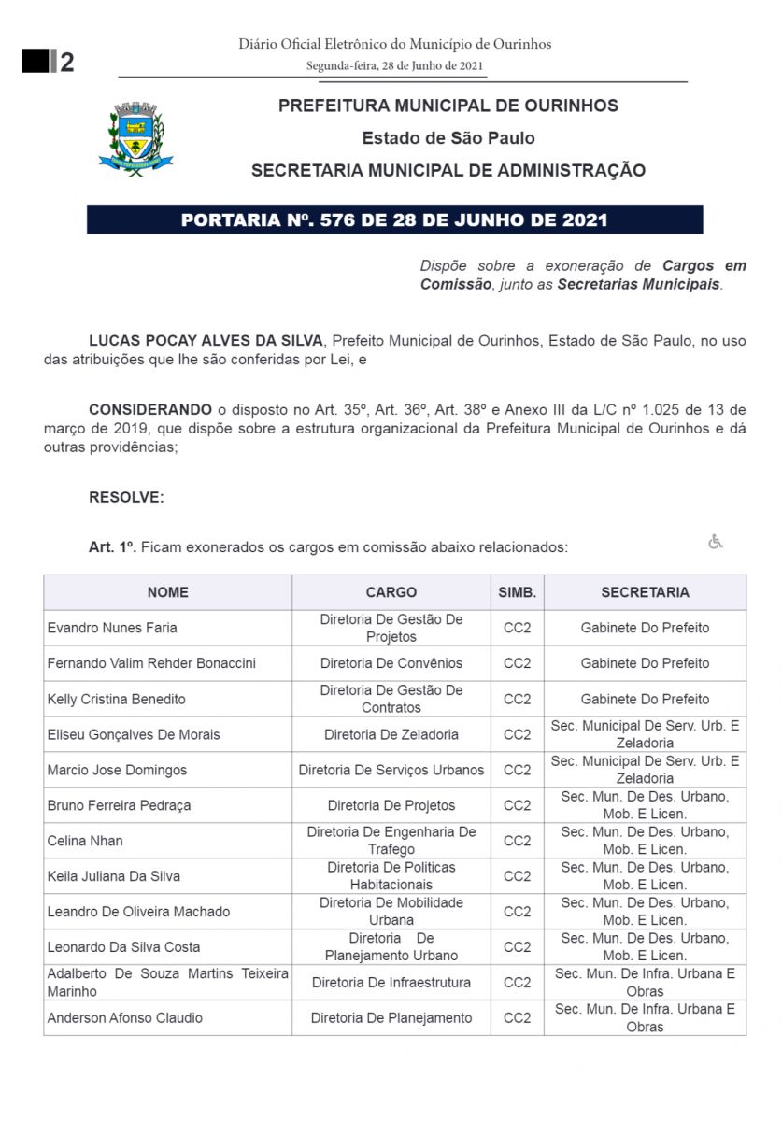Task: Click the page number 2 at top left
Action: [x=66, y=63]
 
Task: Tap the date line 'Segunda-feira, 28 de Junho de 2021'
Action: [x=395, y=65]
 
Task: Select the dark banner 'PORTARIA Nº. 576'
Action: [x=394, y=220]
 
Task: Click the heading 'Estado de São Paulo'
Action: [x=448, y=138]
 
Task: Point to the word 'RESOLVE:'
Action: [x=126, y=497]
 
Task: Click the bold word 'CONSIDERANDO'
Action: [x=150, y=409]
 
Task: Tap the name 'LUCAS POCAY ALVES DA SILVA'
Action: [x=206, y=341]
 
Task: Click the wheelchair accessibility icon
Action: [x=716, y=542]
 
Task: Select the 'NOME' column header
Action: [x=167, y=592]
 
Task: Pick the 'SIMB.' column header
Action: [x=518, y=592]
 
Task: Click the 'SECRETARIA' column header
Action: [x=645, y=592]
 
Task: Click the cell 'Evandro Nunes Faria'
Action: [x=112, y=628]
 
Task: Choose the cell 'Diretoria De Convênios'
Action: [x=391, y=663]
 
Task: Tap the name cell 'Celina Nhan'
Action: [x=85, y=841]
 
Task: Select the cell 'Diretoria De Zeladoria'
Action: [x=391, y=734]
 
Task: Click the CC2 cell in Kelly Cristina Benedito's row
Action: [x=518, y=699]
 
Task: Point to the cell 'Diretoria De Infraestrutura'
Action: [x=391, y=983]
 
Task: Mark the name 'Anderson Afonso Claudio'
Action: [x=125, y=1017]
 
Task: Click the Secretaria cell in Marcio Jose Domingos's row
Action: [x=645, y=770]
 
